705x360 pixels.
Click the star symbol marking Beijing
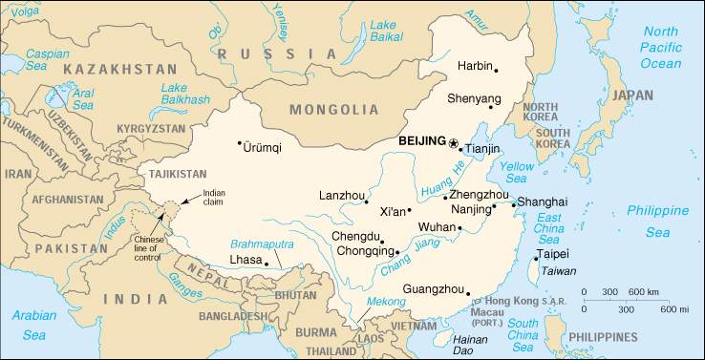453,142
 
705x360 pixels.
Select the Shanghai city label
542,201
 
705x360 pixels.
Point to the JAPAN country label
634,95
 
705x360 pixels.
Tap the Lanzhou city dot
367,201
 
